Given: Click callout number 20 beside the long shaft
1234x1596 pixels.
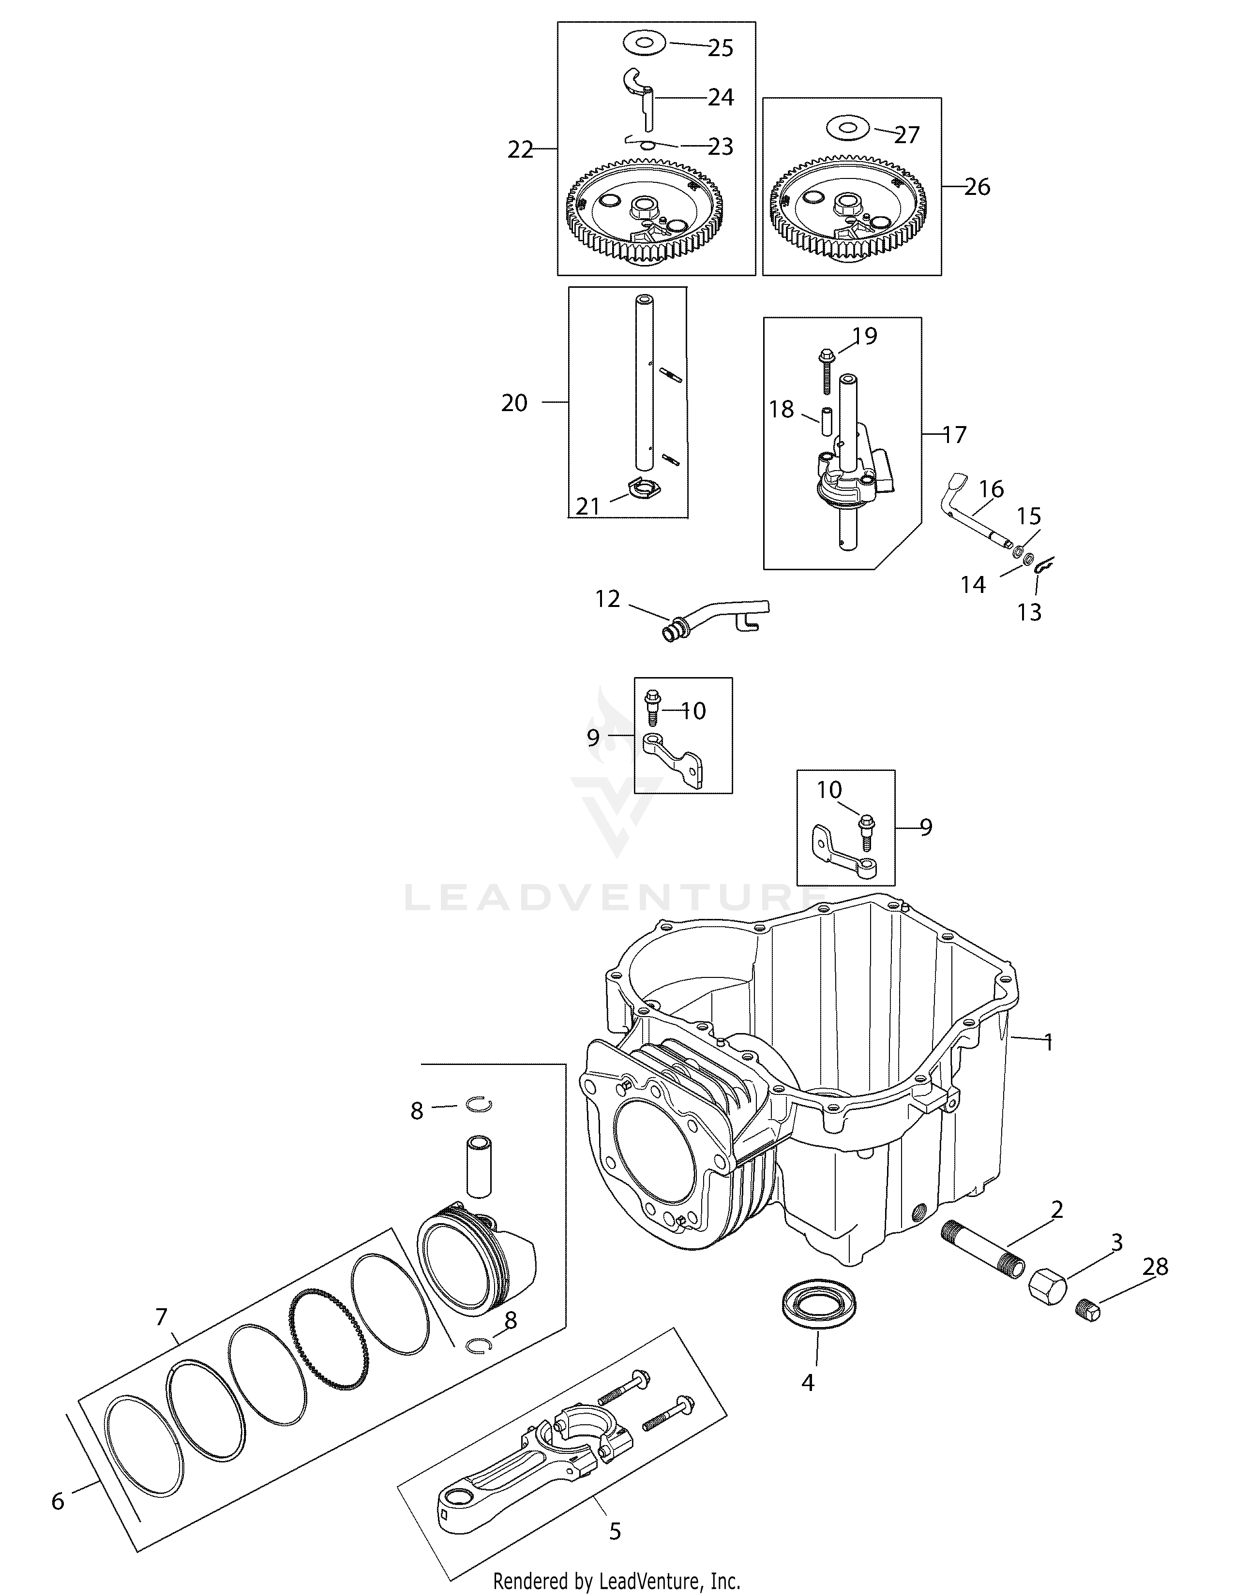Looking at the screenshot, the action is point(514,403).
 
